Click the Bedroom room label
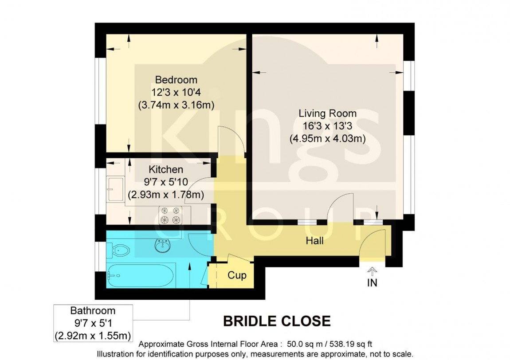click(176, 80)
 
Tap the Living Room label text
click(327, 113)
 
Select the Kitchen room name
click(165, 169)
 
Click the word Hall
click(314, 241)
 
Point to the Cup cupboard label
click(237, 275)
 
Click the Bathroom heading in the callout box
click(93, 311)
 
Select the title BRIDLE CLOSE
click(276, 321)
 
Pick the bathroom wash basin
click(163, 244)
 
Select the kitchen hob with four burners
click(172, 215)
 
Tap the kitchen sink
click(116, 189)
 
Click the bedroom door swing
click(231, 141)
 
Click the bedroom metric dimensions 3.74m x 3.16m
click(176, 105)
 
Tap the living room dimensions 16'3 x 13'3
click(327, 126)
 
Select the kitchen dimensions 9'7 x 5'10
click(165, 182)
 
